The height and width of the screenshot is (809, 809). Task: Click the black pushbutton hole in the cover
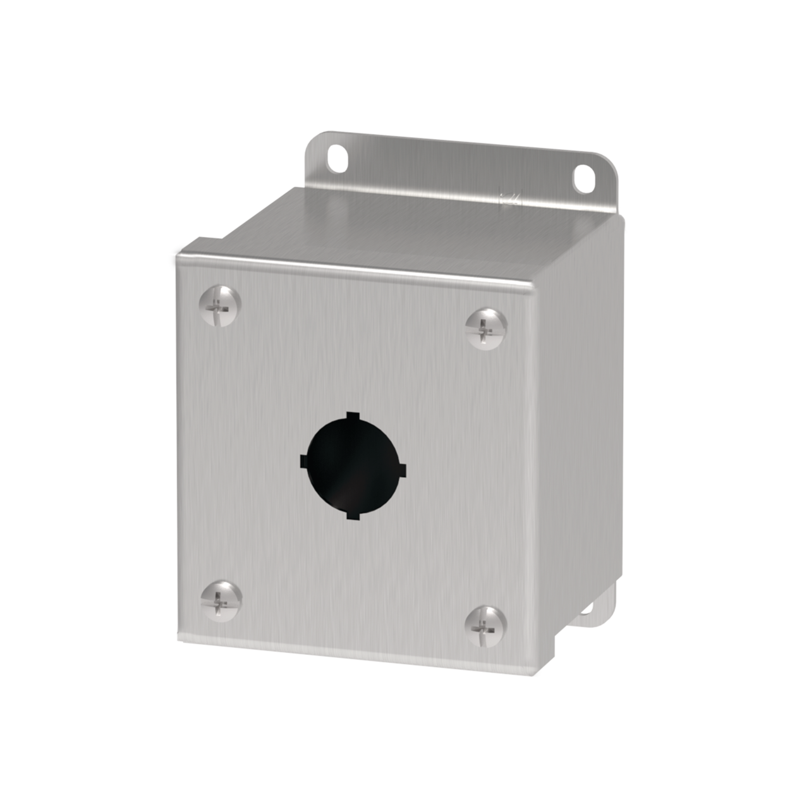[353, 465]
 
